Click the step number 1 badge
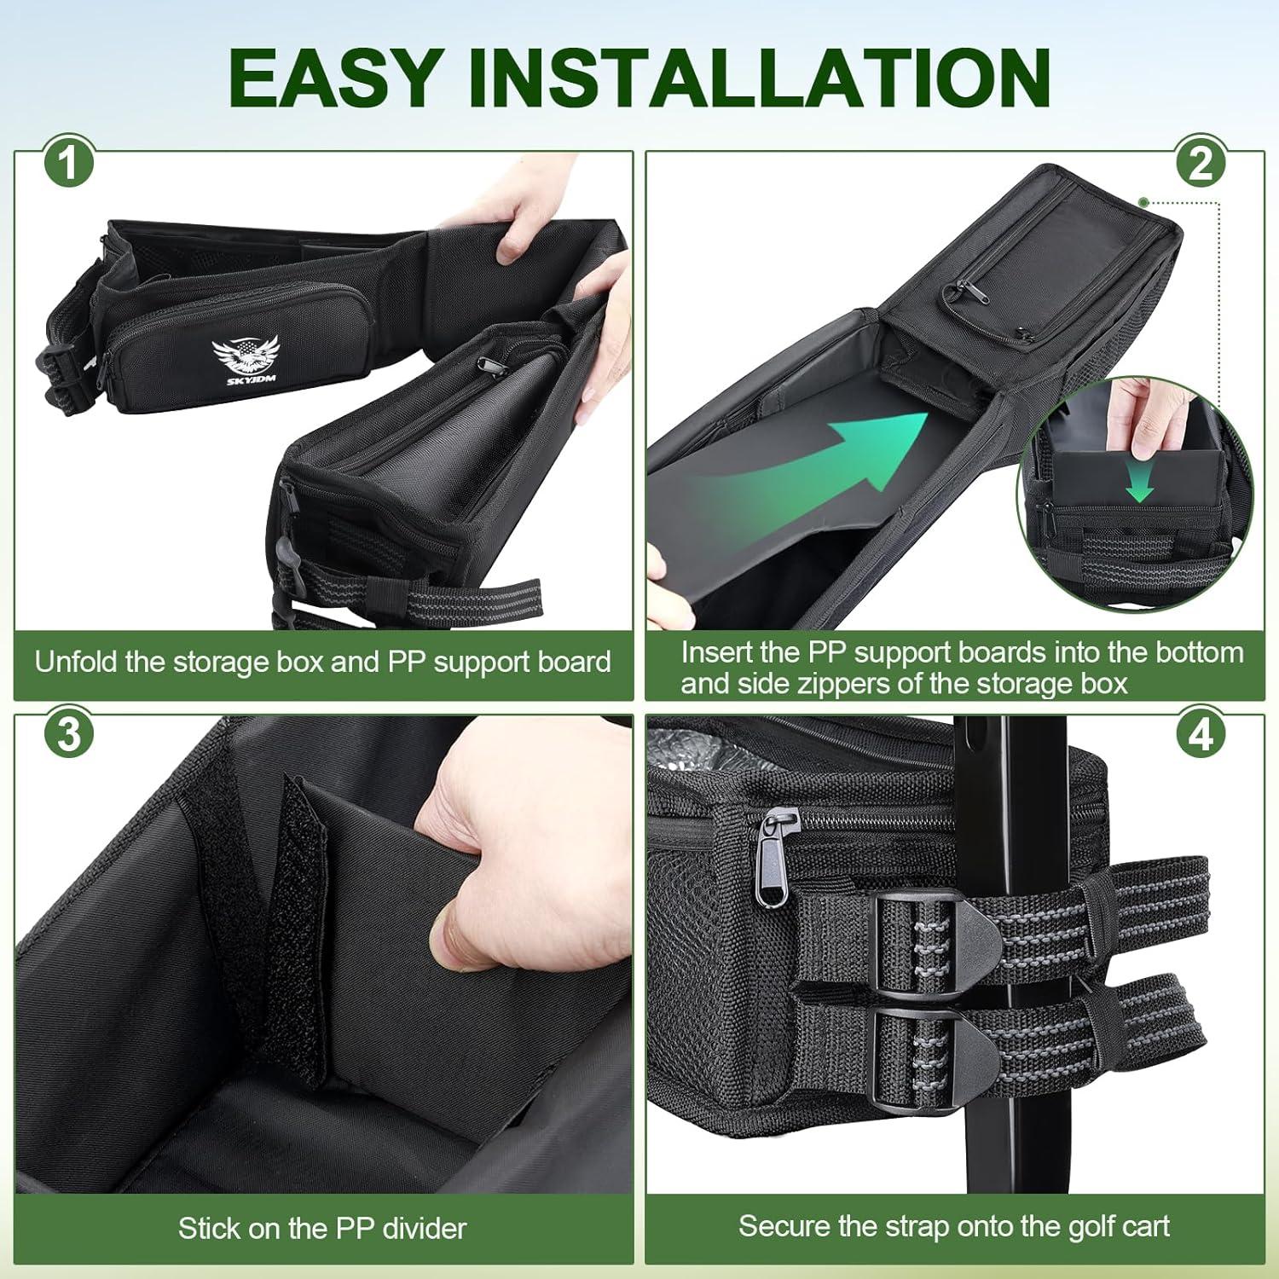[x=67, y=163]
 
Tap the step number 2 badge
[x=1200, y=162]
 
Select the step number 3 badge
[x=68, y=734]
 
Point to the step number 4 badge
[x=1201, y=734]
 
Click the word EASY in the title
[x=342, y=78]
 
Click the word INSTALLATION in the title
[x=759, y=78]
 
